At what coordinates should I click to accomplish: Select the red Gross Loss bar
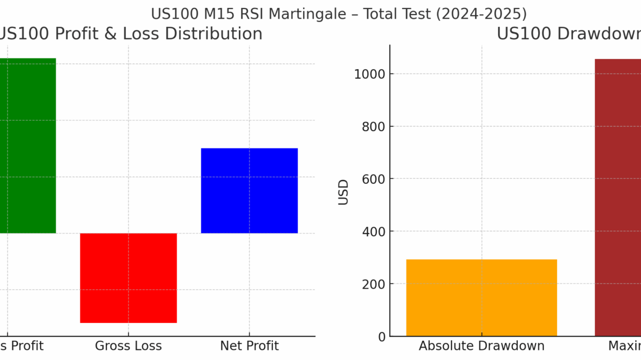[x=128, y=278]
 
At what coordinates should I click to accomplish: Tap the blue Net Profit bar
[x=249, y=191]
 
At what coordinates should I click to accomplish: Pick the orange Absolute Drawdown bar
[x=481, y=298]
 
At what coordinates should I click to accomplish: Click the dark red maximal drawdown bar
[x=617, y=197]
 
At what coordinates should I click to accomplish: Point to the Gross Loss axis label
[x=128, y=346]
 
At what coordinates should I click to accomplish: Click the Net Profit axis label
[x=249, y=346]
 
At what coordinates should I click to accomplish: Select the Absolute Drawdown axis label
[x=481, y=346]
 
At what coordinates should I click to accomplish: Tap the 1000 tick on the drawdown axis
[x=365, y=74]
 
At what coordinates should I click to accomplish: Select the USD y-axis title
[x=344, y=192]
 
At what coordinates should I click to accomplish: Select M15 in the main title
[x=212, y=13]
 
